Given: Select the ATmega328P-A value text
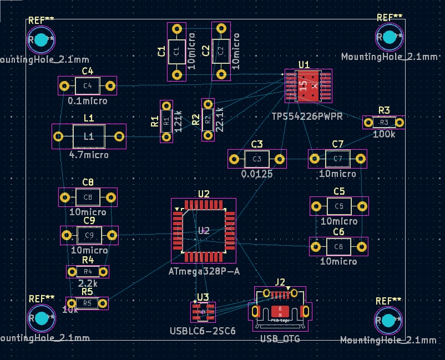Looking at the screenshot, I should point(204,271).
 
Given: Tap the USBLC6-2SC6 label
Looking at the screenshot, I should point(203,331).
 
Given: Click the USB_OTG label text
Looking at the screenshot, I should point(280,338).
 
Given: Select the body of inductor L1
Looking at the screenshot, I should point(89,136).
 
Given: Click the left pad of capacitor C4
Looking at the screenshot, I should point(64,86).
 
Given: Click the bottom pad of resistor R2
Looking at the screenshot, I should point(208,135).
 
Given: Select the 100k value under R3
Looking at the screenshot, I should point(384,134).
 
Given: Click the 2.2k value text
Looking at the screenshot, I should point(88,283).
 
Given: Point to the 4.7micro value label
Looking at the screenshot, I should point(89,155).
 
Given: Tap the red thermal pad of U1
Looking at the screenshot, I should point(309,86).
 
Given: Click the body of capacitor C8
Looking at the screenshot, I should point(88,197).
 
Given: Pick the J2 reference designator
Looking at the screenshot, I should point(280,282).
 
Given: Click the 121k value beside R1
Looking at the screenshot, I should point(178,120).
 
